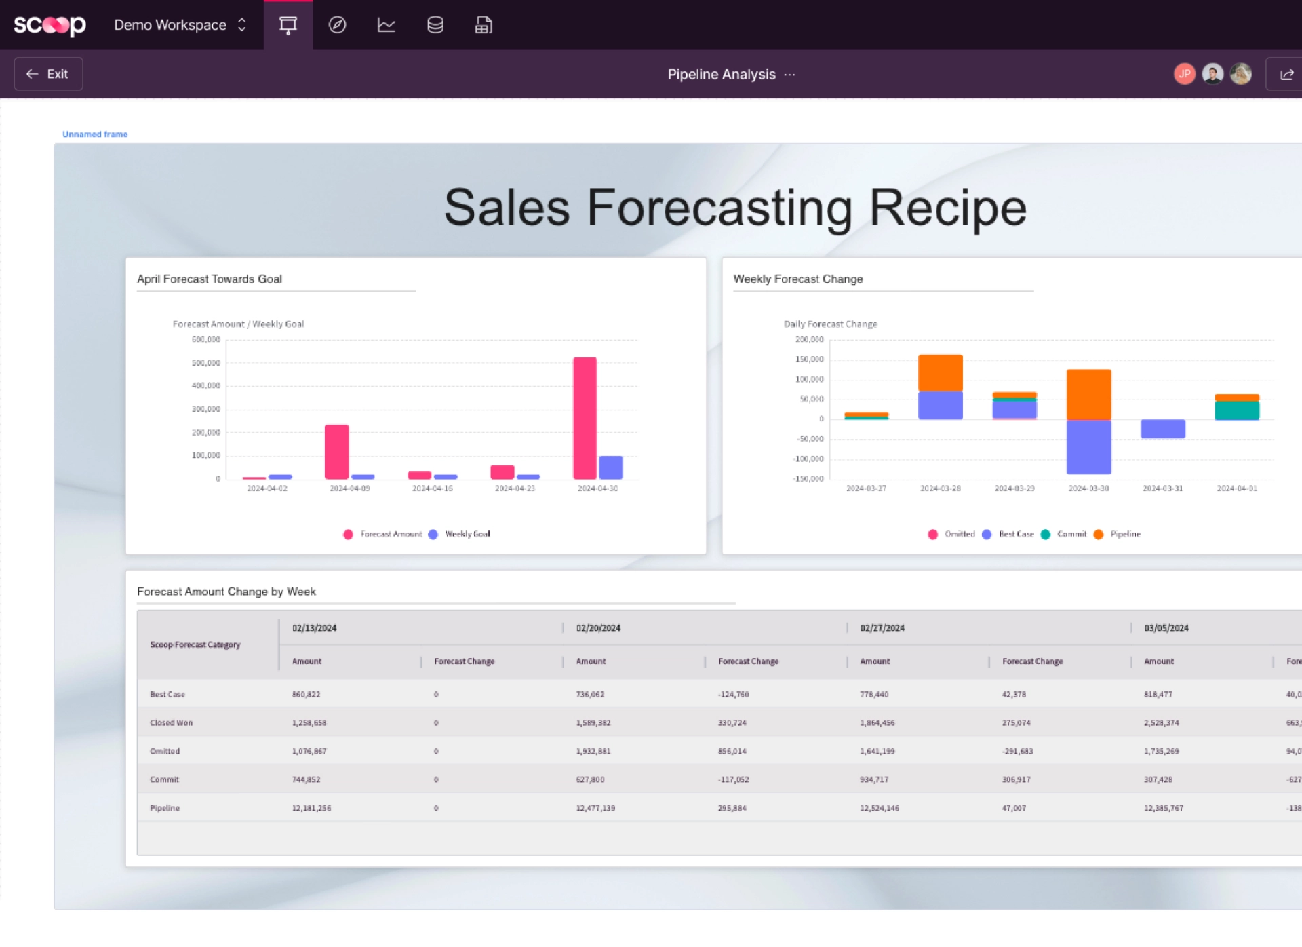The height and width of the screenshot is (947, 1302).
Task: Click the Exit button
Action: click(x=48, y=74)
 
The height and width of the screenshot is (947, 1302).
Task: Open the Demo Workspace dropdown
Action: click(x=180, y=25)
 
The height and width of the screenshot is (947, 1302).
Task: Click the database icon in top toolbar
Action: click(x=435, y=25)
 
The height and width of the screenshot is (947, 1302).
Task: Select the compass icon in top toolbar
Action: click(x=337, y=25)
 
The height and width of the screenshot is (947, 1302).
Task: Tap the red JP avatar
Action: click(x=1184, y=74)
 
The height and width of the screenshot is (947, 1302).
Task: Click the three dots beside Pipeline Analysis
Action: click(x=790, y=75)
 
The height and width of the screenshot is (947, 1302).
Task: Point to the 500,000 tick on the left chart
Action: click(x=206, y=363)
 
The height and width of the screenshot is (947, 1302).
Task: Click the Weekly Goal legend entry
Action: click(x=467, y=535)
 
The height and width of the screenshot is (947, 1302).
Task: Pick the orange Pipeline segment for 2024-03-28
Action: click(x=940, y=373)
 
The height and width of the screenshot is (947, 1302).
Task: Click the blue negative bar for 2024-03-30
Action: click(x=1088, y=446)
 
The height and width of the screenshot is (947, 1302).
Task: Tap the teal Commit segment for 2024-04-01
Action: click(x=1236, y=410)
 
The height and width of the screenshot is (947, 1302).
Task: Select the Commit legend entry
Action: click(x=1071, y=535)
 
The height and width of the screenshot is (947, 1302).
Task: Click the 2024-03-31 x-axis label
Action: click(x=1162, y=488)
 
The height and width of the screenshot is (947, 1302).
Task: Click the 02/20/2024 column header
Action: click(x=598, y=628)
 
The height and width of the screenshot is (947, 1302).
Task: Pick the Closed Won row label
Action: click(x=171, y=723)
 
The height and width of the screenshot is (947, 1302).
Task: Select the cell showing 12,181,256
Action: click(x=311, y=808)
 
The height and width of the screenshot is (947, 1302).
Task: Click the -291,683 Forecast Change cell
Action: click(x=1017, y=752)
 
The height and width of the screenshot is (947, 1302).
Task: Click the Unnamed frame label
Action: click(x=95, y=134)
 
